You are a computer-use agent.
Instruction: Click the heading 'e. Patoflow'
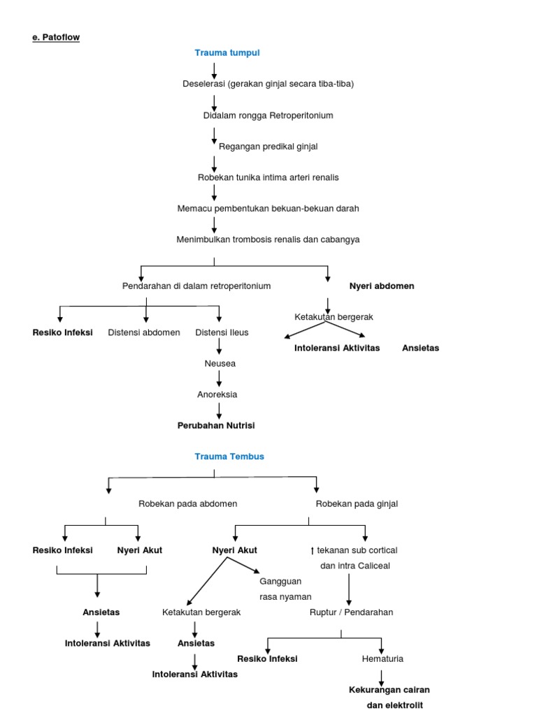pyautogui.click(x=56, y=37)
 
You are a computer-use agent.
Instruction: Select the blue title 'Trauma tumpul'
pyautogui.click(x=227, y=53)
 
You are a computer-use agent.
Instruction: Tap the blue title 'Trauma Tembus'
pyautogui.click(x=229, y=457)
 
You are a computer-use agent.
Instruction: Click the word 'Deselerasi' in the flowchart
pyautogui.click(x=202, y=84)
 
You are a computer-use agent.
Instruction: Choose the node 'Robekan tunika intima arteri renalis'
pyautogui.click(x=268, y=177)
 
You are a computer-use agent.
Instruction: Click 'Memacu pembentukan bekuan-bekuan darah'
pyautogui.click(x=268, y=208)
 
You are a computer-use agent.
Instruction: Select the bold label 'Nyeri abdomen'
pyautogui.click(x=382, y=286)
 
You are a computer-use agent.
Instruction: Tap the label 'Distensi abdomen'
pyautogui.click(x=144, y=332)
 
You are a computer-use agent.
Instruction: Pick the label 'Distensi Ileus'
pyautogui.click(x=222, y=332)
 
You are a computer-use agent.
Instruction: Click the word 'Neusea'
pyautogui.click(x=220, y=364)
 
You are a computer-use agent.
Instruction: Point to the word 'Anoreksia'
pyautogui.click(x=217, y=395)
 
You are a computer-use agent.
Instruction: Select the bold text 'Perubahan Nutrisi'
pyautogui.click(x=216, y=425)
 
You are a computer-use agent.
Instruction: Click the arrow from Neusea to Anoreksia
pyautogui.click(x=220, y=379)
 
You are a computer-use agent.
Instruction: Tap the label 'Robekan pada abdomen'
pyautogui.click(x=188, y=503)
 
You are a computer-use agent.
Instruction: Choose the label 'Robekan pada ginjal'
pyautogui.click(x=357, y=503)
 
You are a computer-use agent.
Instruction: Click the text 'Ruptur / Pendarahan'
pyautogui.click(x=351, y=612)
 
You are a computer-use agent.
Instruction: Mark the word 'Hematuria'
pyautogui.click(x=382, y=658)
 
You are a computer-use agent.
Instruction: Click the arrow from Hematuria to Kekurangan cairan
pyautogui.click(x=382, y=675)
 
